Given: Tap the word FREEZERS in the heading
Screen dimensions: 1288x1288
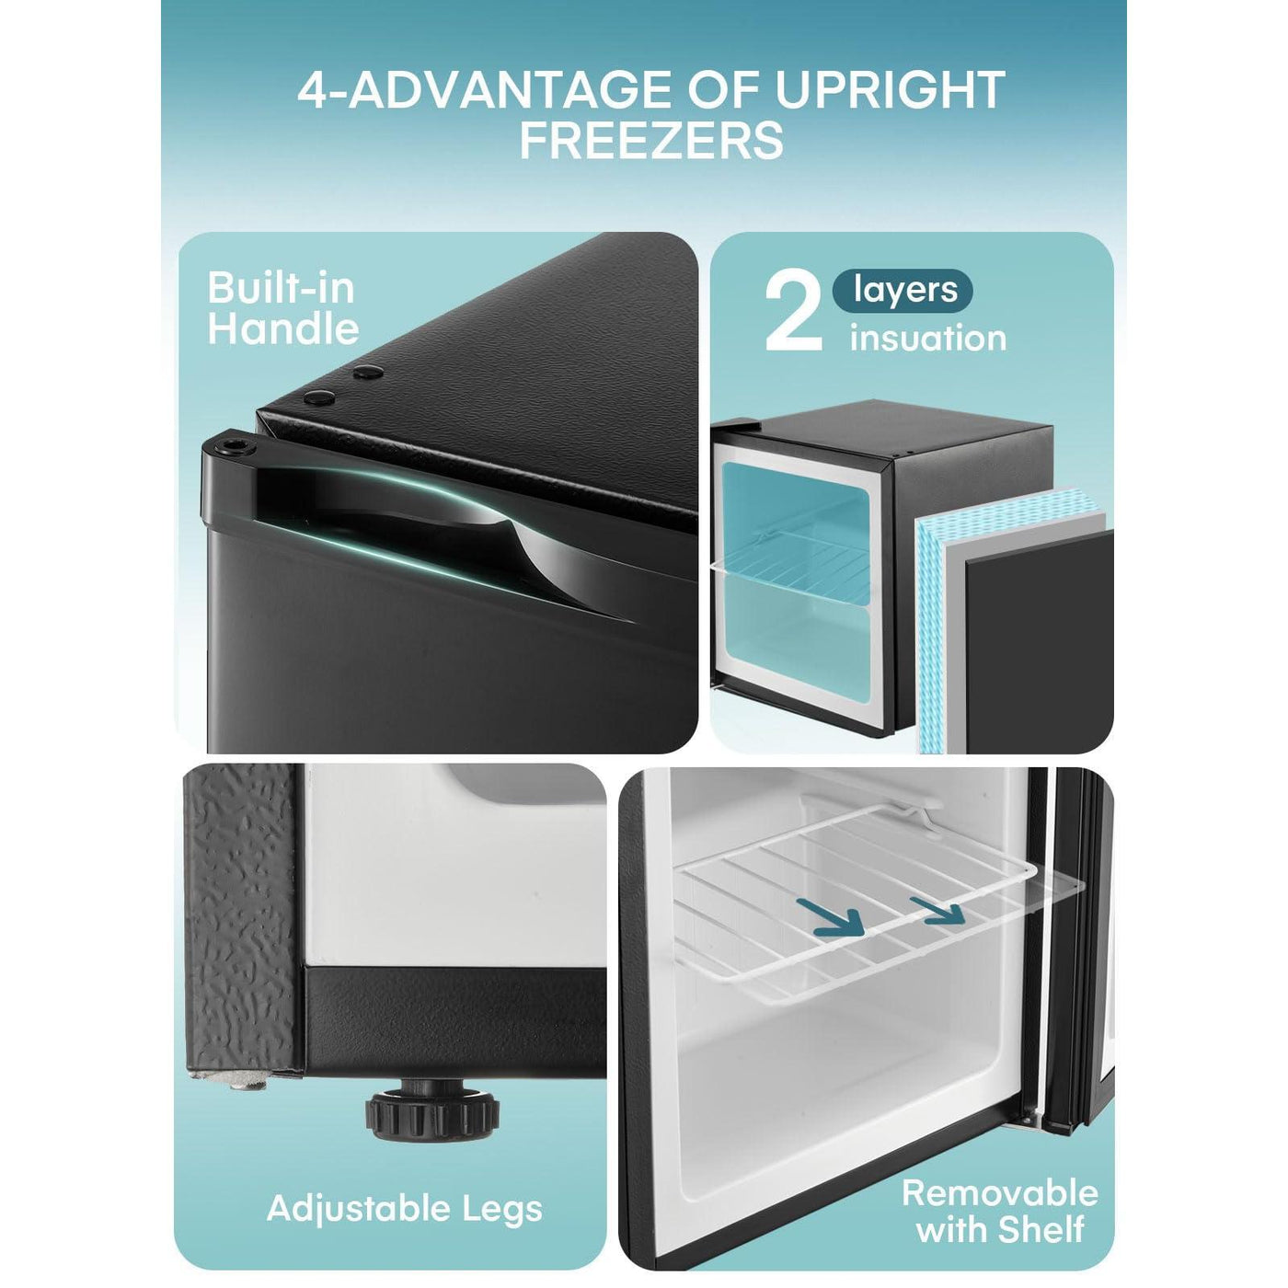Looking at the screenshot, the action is pyautogui.click(x=651, y=141).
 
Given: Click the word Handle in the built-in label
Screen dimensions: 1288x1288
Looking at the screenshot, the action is pyautogui.click(x=283, y=328).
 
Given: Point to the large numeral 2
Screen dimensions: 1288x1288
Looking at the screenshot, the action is pyautogui.click(x=793, y=314).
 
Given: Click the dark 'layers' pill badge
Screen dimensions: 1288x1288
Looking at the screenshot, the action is pyautogui.click(x=903, y=291).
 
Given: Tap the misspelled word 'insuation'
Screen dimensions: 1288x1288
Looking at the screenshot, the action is pyautogui.click(x=927, y=338).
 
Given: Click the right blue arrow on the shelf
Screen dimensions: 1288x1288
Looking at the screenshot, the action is pyautogui.click(x=937, y=911).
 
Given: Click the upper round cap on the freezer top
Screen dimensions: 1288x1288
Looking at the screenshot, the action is pyautogui.click(x=368, y=372).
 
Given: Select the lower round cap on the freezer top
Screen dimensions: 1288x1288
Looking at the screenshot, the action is pyautogui.click(x=319, y=398).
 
